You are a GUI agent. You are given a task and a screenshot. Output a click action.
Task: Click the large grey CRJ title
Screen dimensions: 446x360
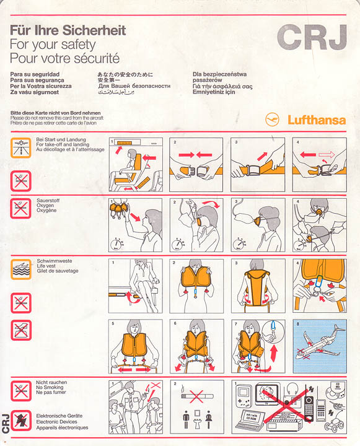coord(311,38)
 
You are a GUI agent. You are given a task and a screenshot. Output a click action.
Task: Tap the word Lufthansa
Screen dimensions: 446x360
coord(316,120)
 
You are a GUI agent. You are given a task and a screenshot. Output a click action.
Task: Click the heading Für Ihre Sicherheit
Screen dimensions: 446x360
coord(68,30)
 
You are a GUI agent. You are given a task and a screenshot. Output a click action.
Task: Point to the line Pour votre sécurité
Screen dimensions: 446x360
coord(64,59)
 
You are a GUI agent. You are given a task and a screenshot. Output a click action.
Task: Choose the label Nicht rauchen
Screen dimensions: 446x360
coord(52,383)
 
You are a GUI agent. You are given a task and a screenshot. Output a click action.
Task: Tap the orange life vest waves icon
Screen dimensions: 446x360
coord(20,269)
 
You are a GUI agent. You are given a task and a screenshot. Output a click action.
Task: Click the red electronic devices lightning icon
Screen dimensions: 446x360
coord(20,419)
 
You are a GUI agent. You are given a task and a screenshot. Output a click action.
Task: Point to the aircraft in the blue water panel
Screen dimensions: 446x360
coord(318,347)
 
